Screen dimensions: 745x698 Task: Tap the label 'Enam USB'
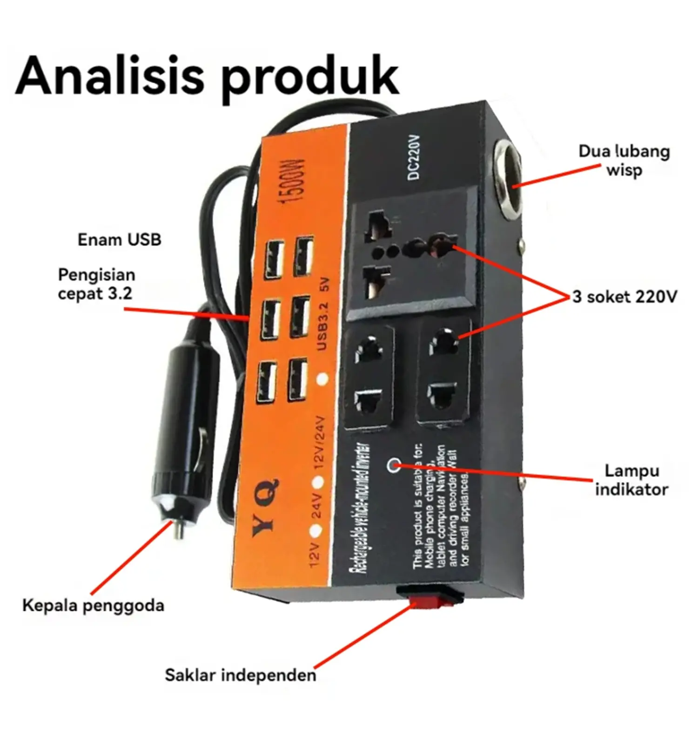pyautogui.click(x=119, y=240)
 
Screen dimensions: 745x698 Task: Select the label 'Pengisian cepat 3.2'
pyautogui.click(x=96, y=284)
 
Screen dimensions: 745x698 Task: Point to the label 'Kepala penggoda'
pyautogui.click(x=93, y=605)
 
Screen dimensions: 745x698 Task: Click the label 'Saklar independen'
pyautogui.click(x=240, y=675)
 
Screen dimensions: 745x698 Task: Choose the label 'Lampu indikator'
pyautogui.click(x=631, y=480)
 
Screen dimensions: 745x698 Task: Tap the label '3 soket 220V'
pyautogui.click(x=624, y=297)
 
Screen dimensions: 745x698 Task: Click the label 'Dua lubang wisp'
pyautogui.click(x=624, y=161)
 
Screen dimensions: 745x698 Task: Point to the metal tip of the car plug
pyautogui.click(x=177, y=528)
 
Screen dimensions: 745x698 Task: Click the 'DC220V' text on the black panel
pyautogui.click(x=414, y=157)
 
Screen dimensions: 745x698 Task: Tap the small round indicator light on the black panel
pyautogui.click(x=394, y=464)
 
